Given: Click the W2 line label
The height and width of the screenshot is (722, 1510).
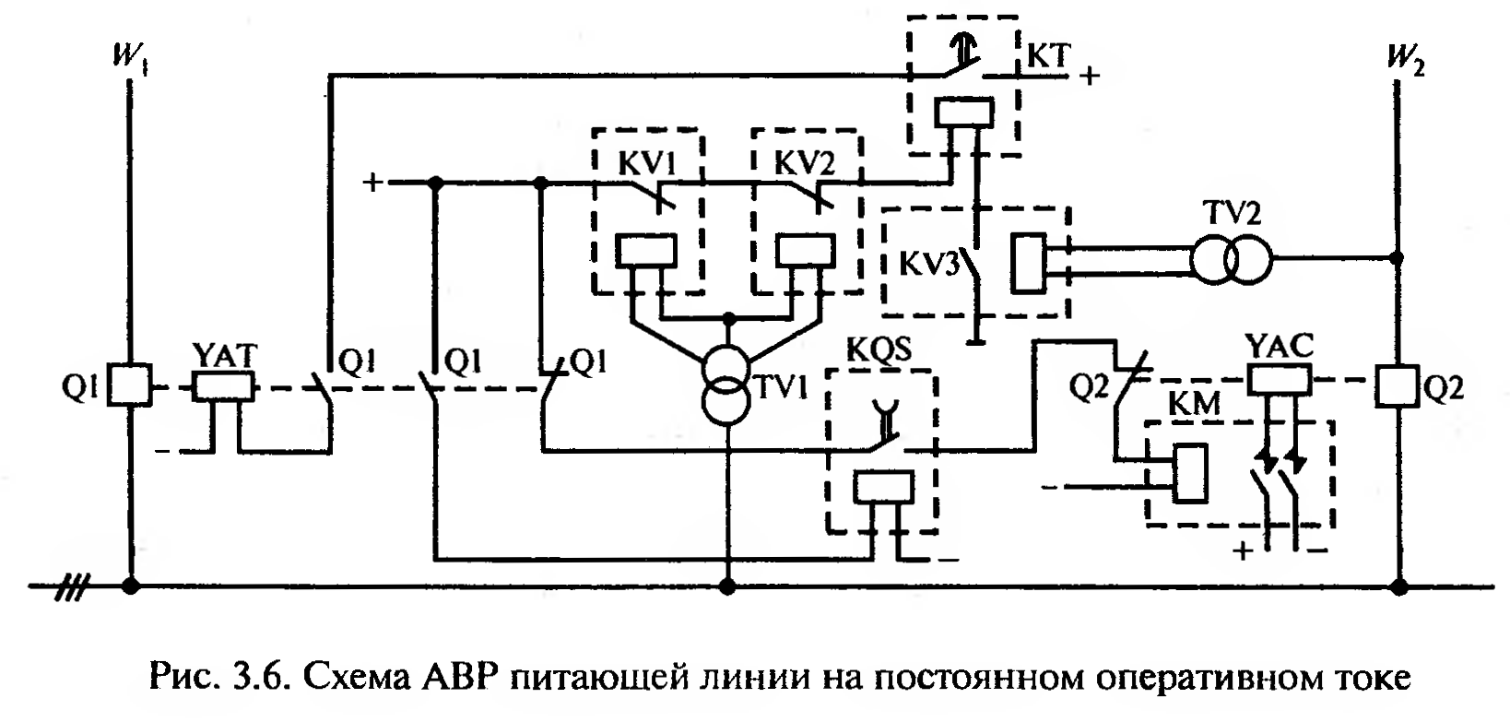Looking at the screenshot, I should tap(1402, 63).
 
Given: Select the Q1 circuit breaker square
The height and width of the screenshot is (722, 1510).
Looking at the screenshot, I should tap(130, 385).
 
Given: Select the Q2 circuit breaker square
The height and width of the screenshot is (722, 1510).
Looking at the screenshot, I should tap(1398, 385).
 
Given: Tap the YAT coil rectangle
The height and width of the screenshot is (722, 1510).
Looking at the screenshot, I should tap(225, 385).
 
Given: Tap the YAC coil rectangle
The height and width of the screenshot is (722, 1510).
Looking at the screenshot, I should tap(1280, 379).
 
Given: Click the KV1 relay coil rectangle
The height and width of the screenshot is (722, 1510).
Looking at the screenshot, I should tap(645, 250).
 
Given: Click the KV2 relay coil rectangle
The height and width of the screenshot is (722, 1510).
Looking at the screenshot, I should tap(806, 250).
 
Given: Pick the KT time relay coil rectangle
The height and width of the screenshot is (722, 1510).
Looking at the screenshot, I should tap(964, 112).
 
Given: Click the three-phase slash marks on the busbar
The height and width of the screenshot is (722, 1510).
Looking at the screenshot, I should tap(73, 586).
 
